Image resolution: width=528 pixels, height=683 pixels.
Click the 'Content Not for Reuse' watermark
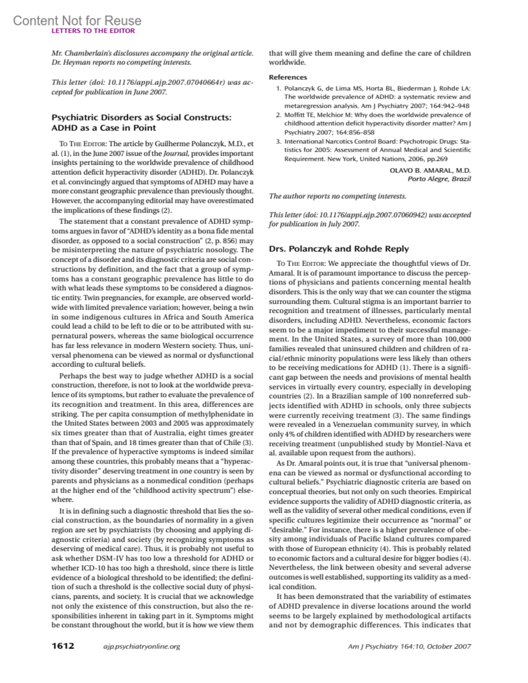click(x=77, y=21)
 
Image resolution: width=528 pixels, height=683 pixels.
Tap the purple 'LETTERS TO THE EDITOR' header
click(x=93, y=31)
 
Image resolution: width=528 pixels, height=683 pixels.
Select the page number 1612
click(x=63, y=646)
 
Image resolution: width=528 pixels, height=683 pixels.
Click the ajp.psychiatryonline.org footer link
click(x=141, y=646)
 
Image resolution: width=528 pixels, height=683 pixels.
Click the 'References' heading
click(x=288, y=77)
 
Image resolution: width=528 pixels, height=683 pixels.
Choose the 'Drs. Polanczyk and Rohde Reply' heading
click(x=339, y=248)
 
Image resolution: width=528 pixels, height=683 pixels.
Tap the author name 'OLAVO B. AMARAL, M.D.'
click(x=430, y=170)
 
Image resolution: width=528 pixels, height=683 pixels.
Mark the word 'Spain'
click(x=102, y=442)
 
